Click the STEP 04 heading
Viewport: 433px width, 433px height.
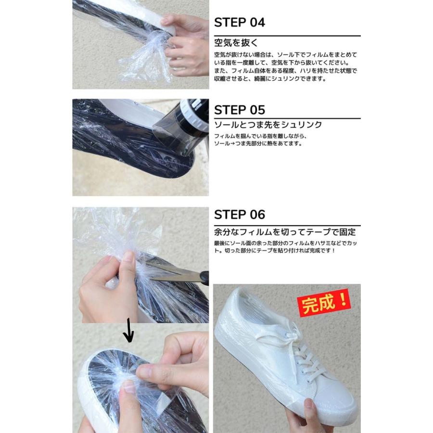click(x=239, y=23)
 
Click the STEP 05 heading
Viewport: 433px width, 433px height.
click(x=239, y=110)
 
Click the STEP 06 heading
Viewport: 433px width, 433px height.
click(x=239, y=215)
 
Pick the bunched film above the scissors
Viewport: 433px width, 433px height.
click(x=120, y=231)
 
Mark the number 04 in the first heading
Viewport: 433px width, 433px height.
click(x=255, y=23)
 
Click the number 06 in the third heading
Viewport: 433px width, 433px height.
click(x=255, y=215)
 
